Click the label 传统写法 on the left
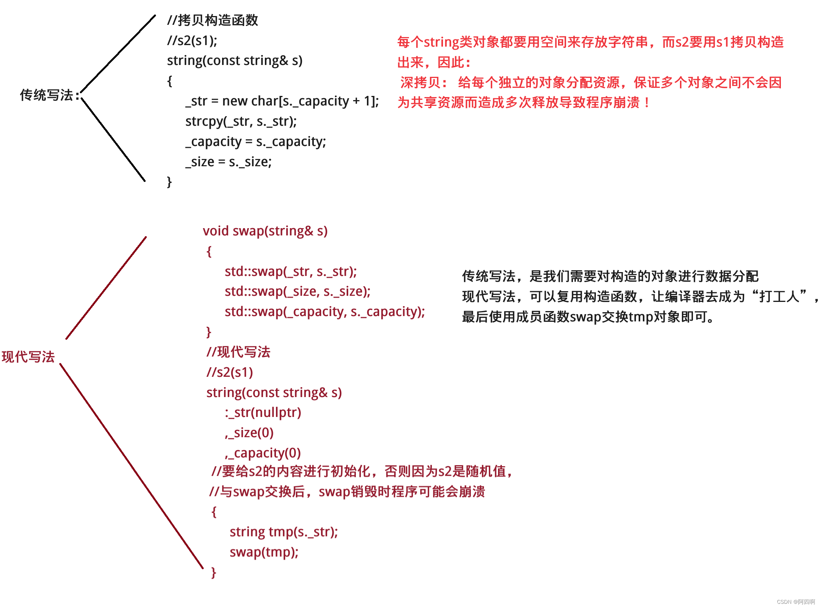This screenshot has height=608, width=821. [x=47, y=95]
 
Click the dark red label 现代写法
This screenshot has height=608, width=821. [x=28, y=357]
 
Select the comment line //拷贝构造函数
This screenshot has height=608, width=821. [x=213, y=20]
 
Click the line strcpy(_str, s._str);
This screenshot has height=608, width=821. [x=241, y=122]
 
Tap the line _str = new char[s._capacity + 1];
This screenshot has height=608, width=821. [x=282, y=101]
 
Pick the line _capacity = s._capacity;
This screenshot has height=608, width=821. [x=255, y=142]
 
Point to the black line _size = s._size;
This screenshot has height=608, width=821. [x=228, y=162]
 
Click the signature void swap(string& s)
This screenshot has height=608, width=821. [x=265, y=231]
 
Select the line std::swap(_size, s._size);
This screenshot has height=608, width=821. [x=297, y=292]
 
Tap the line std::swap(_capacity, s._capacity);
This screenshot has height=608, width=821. [x=325, y=312]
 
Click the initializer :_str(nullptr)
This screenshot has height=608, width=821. [x=263, y=413]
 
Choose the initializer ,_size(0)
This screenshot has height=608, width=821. [x=249, y=433]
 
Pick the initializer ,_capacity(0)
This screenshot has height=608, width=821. [x=263, y=453]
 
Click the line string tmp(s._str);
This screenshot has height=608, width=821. [x=284, y=532]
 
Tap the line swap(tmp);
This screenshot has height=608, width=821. [x=264, y=552]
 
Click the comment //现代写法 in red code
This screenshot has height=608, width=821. [x=238, y=352]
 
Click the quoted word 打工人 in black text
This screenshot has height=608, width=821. [x=779, y=297]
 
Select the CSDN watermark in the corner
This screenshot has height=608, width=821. [x=795, y=602]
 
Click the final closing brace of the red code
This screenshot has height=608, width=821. [x=214, y=572]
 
